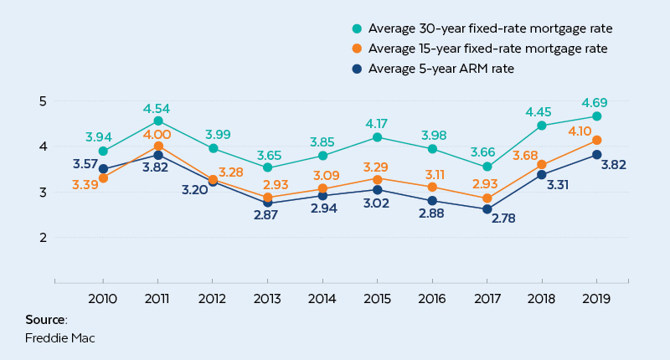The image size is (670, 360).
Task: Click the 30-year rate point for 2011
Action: click(x=157, y=121)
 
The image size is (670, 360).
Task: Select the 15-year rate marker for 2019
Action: click(x=596, y=141)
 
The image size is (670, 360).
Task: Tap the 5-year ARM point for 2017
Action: click(x=487, y=209)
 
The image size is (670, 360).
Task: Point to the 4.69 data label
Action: click(x=595, y=100)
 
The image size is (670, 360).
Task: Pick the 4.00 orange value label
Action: click(x=157, y=135)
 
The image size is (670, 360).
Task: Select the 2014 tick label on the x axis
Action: click(x=322, y=297)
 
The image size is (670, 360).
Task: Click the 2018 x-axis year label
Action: click(x=541, y=297)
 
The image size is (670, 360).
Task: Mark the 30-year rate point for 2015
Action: click(x=377, y=137)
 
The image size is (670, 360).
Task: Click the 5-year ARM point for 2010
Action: click(x=103, y=168)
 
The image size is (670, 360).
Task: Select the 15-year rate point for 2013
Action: click(x=267, y=198)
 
